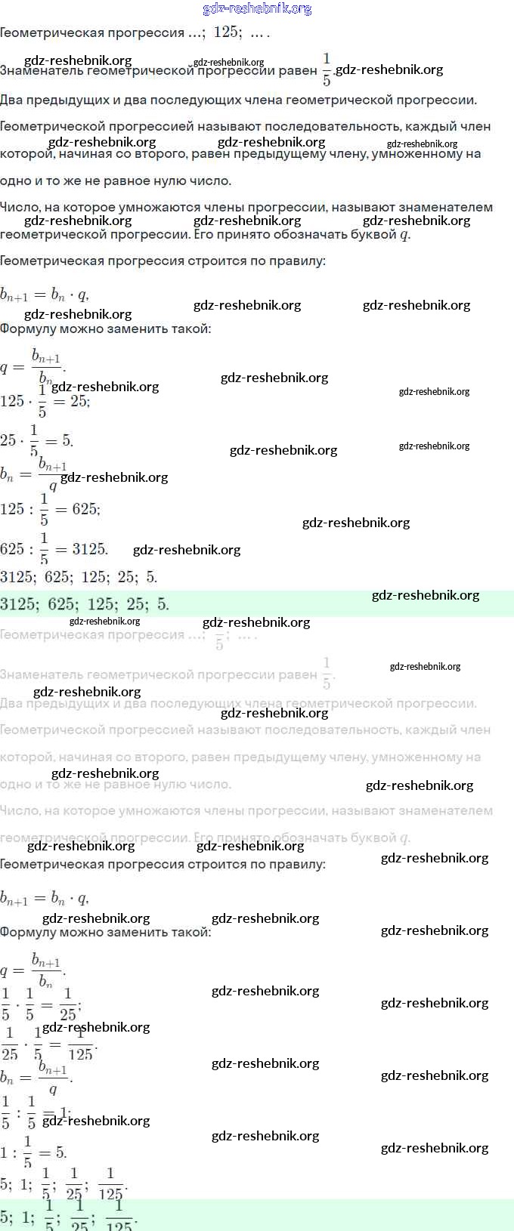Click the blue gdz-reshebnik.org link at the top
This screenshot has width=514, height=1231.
257,9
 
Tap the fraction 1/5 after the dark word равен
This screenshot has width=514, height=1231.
327,69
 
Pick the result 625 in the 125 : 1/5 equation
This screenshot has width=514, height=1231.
85,509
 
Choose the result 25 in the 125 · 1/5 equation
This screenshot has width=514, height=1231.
79,401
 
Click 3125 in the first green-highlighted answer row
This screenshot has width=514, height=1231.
17,604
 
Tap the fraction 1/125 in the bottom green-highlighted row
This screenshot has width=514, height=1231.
119,1218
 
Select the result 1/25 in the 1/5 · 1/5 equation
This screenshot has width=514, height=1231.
68,1004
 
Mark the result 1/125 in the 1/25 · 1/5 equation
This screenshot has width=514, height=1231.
80,1044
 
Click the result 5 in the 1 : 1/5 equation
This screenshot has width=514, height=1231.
60,1152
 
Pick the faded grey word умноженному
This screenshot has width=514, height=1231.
431,757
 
